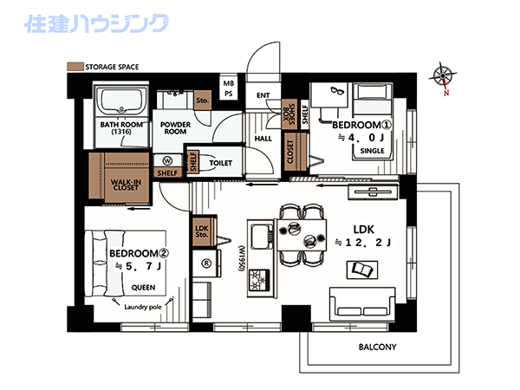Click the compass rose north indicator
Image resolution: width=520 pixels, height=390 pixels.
(x=444, y=78)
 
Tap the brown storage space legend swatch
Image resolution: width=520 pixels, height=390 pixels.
(x=75, y=67)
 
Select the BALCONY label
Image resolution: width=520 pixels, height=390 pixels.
(x=377, y=348)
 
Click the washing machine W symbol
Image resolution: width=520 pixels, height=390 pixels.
(x=168, y=161)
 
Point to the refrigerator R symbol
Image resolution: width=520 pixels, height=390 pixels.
(x=206, y=263)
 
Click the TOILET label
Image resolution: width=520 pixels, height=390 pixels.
(x=220, y=163)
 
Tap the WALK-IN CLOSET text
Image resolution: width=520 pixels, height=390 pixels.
(x=126, y=185)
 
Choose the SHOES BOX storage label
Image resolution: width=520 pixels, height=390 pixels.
(x=289, y=114)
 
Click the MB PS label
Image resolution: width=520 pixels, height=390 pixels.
(x=229, y=88)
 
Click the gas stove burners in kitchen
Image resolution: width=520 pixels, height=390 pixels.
(x=259, y=280)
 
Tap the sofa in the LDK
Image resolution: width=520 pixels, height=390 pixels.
(x=362, y=304)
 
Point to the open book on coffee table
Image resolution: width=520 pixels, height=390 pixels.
(x=362, y=270)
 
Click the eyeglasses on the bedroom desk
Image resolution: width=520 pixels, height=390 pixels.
(x=338, y=90)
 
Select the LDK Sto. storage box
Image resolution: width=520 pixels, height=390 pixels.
(x=202, y=231)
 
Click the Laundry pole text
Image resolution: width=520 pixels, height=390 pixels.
(x=143, y=307)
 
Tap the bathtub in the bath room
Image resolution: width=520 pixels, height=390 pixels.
(x=121, y=101)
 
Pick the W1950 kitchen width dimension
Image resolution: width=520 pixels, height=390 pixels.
(x=242, y=259)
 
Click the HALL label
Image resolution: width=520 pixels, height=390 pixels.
(x=263, y=139)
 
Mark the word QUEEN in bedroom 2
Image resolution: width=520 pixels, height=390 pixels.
(x=143, y=288)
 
